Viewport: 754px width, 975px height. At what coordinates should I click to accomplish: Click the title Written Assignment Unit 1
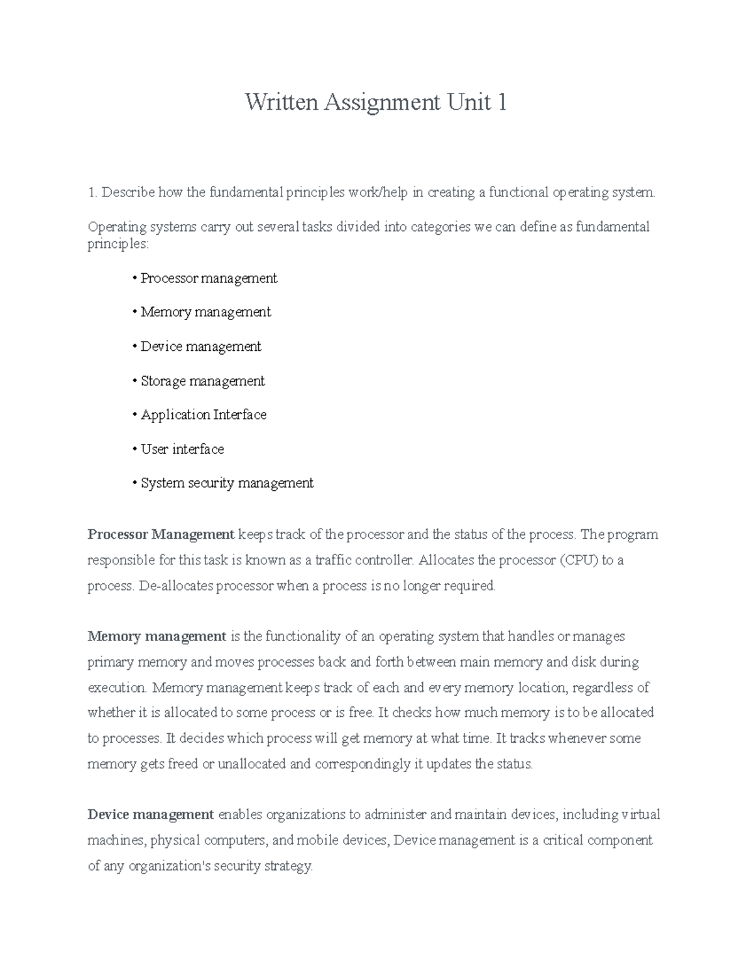(x=376, y=102)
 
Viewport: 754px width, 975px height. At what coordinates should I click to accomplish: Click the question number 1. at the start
(x=92, y=192)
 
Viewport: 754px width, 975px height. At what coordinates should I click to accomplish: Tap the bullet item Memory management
(x=205, y=312)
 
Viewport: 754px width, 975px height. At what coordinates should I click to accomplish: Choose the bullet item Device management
(x=200, y=347)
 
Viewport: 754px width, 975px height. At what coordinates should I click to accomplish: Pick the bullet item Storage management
(x=202, y=381)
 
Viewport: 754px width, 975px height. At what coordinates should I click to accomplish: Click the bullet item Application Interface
(x=204, y=415)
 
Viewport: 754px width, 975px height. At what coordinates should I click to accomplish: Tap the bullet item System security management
(x=227, y=483)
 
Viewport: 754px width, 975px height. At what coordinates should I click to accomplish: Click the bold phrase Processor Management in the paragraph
(x=161, y=535)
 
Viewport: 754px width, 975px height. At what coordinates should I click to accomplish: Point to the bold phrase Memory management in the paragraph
(x=157, y=637)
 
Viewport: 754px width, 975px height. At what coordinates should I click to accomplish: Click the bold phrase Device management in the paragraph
(x=151, y=815)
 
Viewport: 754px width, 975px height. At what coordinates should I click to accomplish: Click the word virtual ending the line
(x=641, y=815)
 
